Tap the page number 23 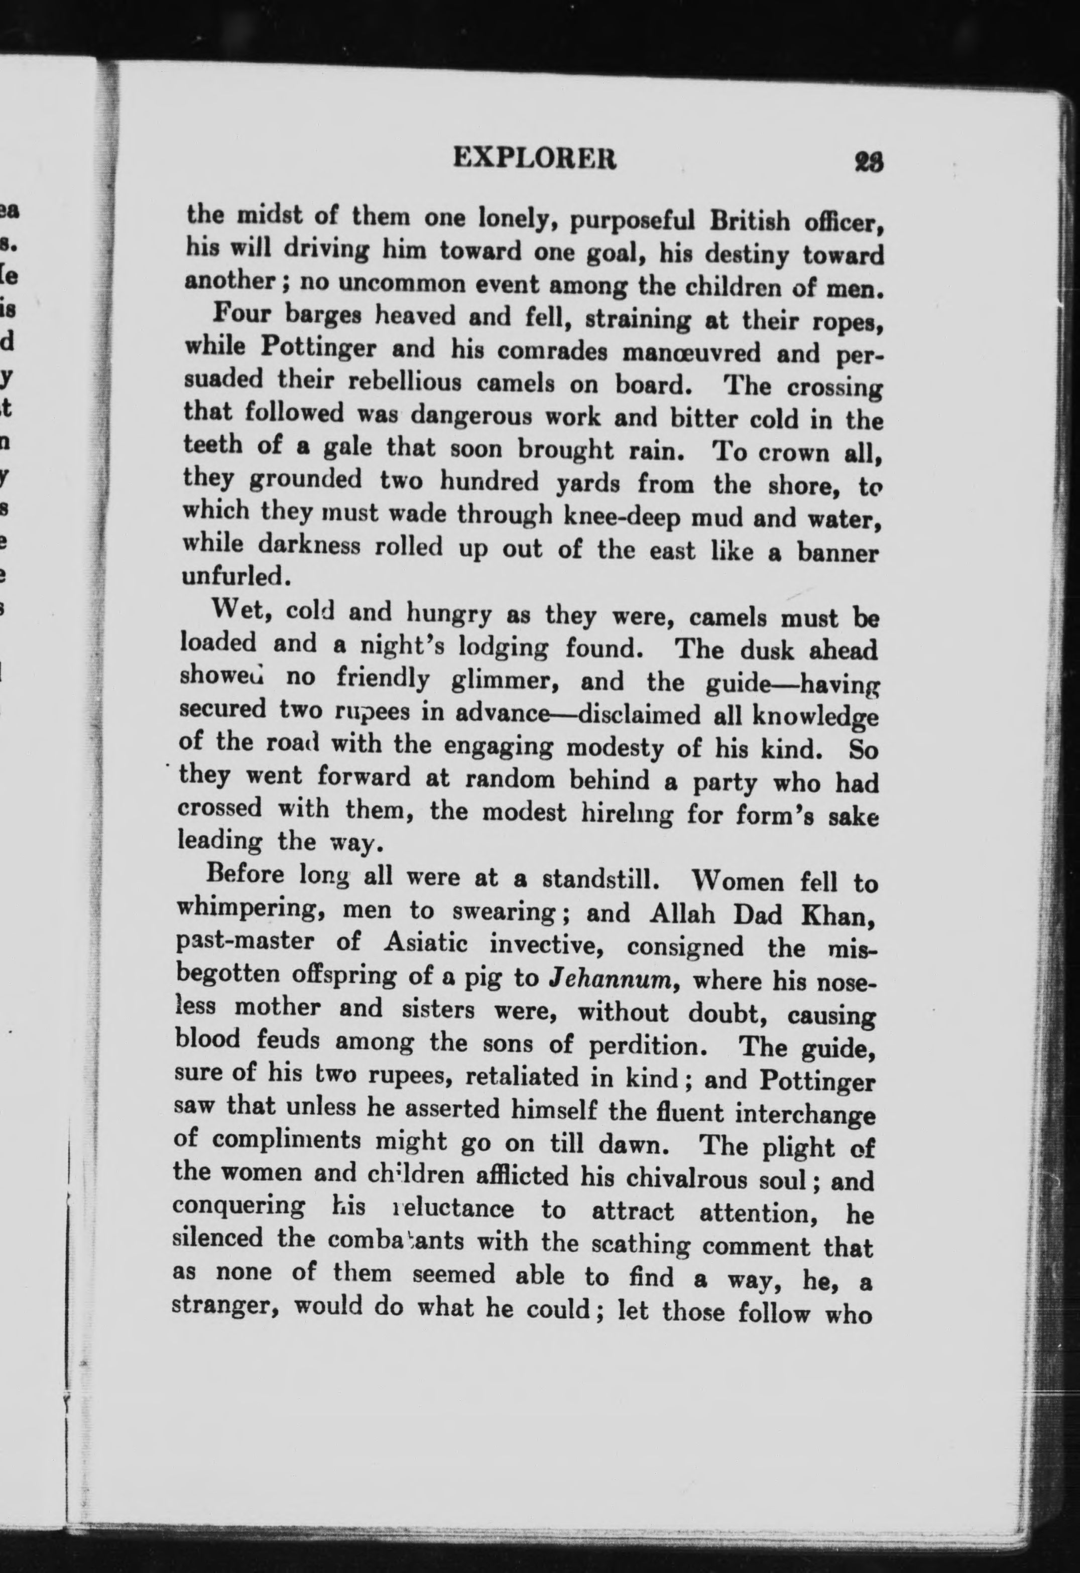click(869, 163)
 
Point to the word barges click(326, 315)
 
